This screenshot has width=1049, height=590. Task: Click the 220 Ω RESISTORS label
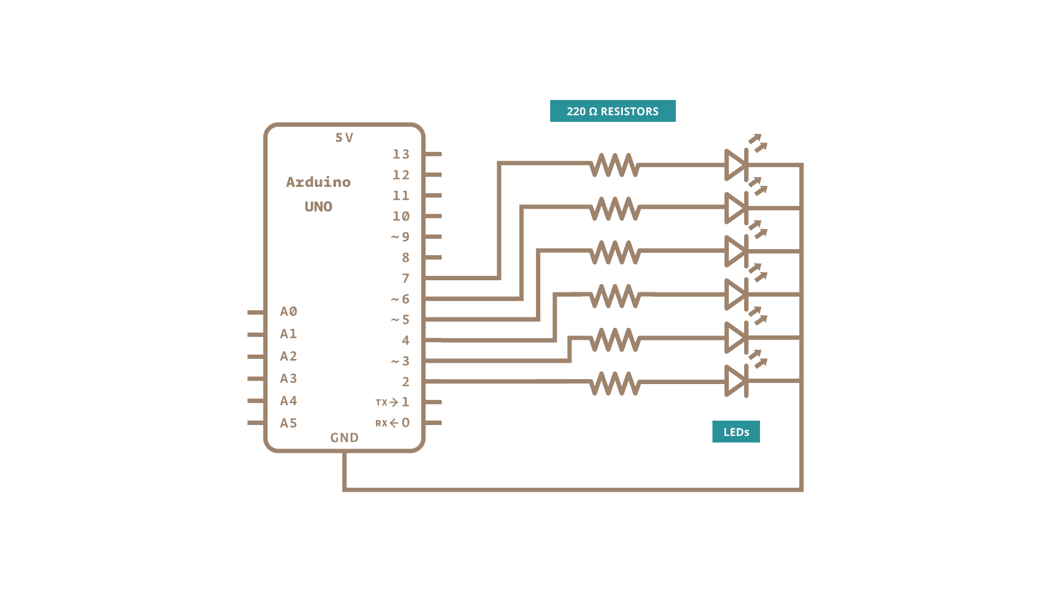coord(612,111)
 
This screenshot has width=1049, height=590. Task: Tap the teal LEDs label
coord(735,432)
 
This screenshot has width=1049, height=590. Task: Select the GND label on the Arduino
coord(344,438)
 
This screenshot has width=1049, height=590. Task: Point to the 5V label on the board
coord(344,138)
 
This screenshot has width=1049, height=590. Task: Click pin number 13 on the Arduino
coord(400,154)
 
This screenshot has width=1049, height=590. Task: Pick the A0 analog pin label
coord(288,311)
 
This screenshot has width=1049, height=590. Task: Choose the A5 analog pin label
coord(288,423)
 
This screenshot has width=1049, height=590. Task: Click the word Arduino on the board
coord(319,182)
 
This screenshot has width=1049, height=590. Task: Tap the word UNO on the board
coord(319,206)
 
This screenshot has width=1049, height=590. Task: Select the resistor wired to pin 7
coord(615,164)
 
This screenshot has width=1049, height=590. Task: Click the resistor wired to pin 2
coord(615,382)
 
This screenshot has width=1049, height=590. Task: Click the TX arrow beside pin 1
coord(393,402)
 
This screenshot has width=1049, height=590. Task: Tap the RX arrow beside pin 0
coord(393,423)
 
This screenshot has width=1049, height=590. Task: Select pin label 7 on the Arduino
coord(405,278)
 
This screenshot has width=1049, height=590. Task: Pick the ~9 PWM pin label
coord(400,237)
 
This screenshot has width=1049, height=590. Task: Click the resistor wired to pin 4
coord(615,296)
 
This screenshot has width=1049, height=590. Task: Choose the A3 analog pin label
coord(288,378)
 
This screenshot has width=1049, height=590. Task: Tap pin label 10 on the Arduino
coord(400,216)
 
